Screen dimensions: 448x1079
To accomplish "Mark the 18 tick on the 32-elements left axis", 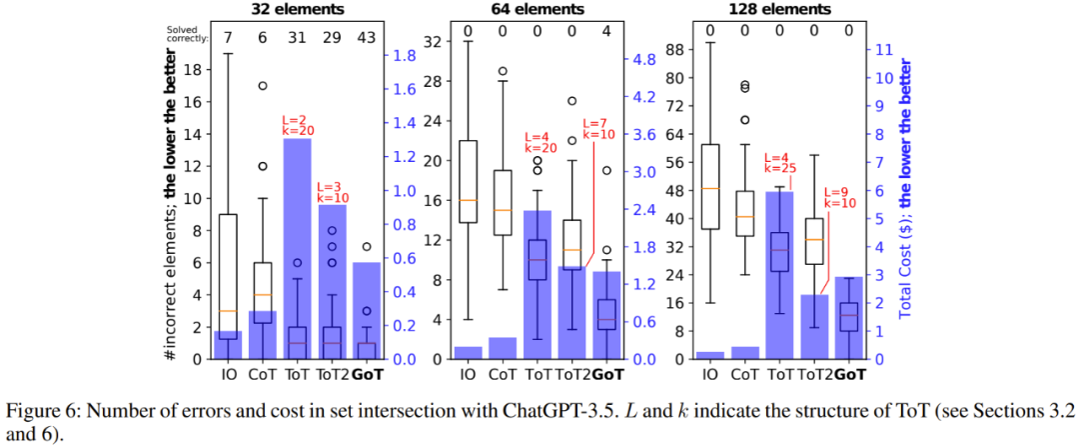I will [x=197, y=70].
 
